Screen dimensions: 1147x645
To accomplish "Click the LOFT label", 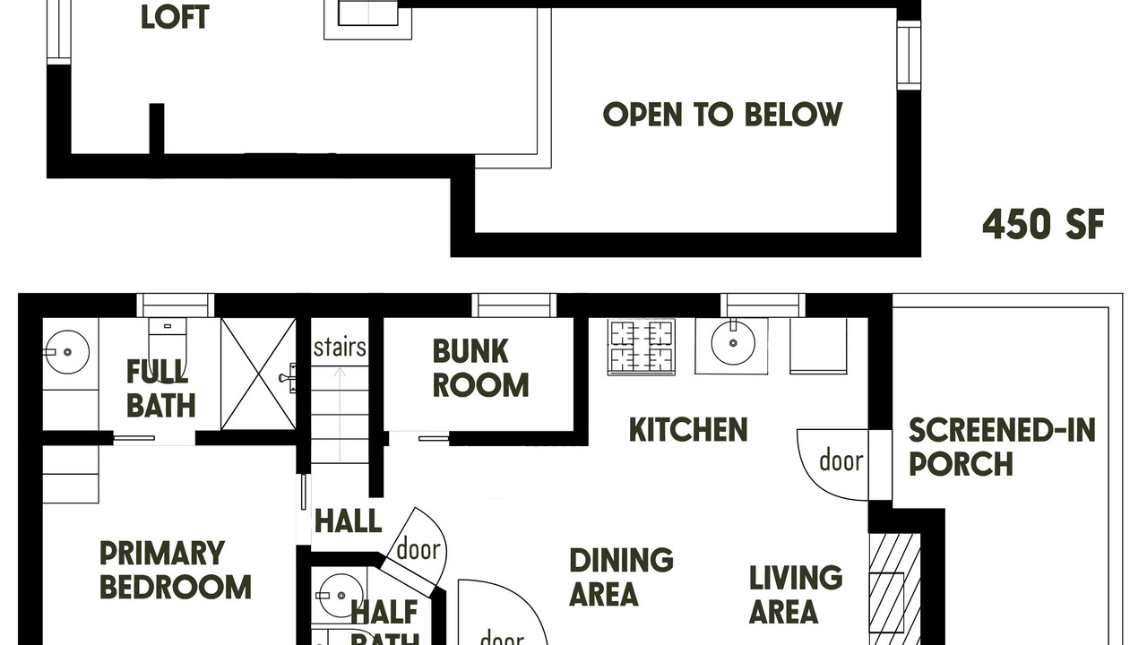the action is pyautogui.click(x=175, y=17).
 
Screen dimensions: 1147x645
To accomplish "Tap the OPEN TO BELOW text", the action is pyautogui.click(x=722, y=114).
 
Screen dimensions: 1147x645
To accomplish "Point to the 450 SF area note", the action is pyautogui.click(x=1043, y=224).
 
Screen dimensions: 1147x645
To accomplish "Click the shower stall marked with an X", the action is pyautogui.click(x=259, y=374).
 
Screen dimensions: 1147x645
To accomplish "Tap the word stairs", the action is pyautogui.click(x=340, y=348).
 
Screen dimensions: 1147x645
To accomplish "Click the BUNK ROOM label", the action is pyautogui.click(x=480, y=368).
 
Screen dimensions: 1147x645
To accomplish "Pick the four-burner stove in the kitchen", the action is pyautogui.click(x=641, y=347).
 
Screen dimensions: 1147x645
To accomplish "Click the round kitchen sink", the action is pyautogui.click(x=733, y=343).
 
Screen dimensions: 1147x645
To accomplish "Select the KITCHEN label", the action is pyautogui.click(x=687, y=429).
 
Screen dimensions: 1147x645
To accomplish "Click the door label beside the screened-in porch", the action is pyautogui.click(x=841, y=460).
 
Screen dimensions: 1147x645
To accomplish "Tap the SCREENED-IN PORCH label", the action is pyautogui.click(x=1002, y=447).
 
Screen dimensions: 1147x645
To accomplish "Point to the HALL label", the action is pyautogui.click(x=349, y=521).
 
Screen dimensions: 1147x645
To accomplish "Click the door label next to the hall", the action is pyautogui.click(x=418, y=549).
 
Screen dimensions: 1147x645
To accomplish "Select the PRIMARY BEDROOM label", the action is pyautogui.click(x=175, y=570).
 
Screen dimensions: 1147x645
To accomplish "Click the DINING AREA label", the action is pyautogui.click(x=621, y=577).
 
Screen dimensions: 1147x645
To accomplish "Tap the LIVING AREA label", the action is pyautogui.click(x=796, y=594).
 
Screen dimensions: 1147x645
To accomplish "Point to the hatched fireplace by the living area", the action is pyautogui.click(x=894, y=589).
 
